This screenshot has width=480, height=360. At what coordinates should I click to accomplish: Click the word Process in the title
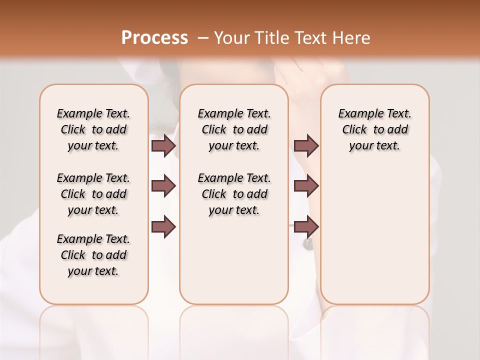click(x=154, y=37)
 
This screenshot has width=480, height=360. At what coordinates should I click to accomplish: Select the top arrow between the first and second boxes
click(x=163, y=145)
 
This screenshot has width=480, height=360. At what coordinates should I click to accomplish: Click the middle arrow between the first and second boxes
click(x=163, y=186)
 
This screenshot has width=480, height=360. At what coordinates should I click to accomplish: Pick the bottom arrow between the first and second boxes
click(x=163, y=227)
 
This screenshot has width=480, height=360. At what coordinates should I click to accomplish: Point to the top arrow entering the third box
click(x=306, y=145)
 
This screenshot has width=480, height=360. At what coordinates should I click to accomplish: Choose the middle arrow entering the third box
click(x=306, y=186)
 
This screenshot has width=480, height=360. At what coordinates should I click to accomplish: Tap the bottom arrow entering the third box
click(x=306, y=227)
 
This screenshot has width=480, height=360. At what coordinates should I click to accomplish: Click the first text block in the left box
click(x=93, y=129)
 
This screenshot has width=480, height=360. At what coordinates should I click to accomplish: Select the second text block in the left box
click(x=93, y=194)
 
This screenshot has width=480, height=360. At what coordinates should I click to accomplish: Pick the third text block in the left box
click(x=93, y=255)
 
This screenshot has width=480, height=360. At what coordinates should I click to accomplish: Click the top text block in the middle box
click(x=234, y=129)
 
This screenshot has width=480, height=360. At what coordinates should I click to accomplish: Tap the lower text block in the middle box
click(x=234, y=194)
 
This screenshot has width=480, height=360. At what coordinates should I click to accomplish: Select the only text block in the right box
click(x=374, y=129)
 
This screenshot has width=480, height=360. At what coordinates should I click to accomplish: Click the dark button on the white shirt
click(x=307, y=244)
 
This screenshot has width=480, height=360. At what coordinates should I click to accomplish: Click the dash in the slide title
click(x=203, y=37)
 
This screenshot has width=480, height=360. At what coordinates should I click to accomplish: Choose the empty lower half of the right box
click(x=374, y=240)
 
